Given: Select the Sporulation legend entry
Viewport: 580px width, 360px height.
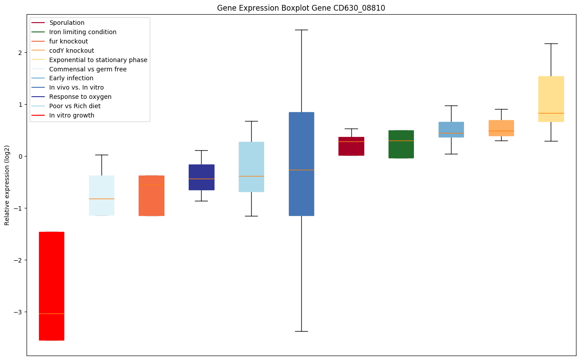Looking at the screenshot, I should tap(67, 23).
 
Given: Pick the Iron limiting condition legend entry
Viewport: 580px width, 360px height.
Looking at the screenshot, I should tap(83, 32).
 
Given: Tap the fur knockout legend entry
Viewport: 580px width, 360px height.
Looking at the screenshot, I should tap(69, 41).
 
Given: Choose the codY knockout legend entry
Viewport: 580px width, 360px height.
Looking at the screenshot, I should tap(72, 51).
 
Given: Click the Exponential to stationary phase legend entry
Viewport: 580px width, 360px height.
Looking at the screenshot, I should tap(98, 60).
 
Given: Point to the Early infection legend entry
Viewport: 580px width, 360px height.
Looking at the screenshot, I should tap(71, 78).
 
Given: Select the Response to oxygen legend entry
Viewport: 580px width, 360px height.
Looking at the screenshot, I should tap(81, 97).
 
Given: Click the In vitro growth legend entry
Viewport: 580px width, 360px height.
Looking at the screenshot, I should tap(72, 115).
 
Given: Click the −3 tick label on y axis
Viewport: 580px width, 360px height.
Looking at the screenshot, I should tap(19, 312).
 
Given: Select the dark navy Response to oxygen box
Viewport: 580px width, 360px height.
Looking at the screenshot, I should tap(202, 177).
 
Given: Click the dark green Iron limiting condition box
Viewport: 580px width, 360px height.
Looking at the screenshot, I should tap(401, 144).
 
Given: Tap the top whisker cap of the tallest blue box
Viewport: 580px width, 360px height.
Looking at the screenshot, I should tap(301, 30).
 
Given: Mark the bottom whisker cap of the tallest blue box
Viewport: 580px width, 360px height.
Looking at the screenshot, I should tap(301, 331).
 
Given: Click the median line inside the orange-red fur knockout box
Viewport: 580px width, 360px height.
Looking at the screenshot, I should tap(152, 185).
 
